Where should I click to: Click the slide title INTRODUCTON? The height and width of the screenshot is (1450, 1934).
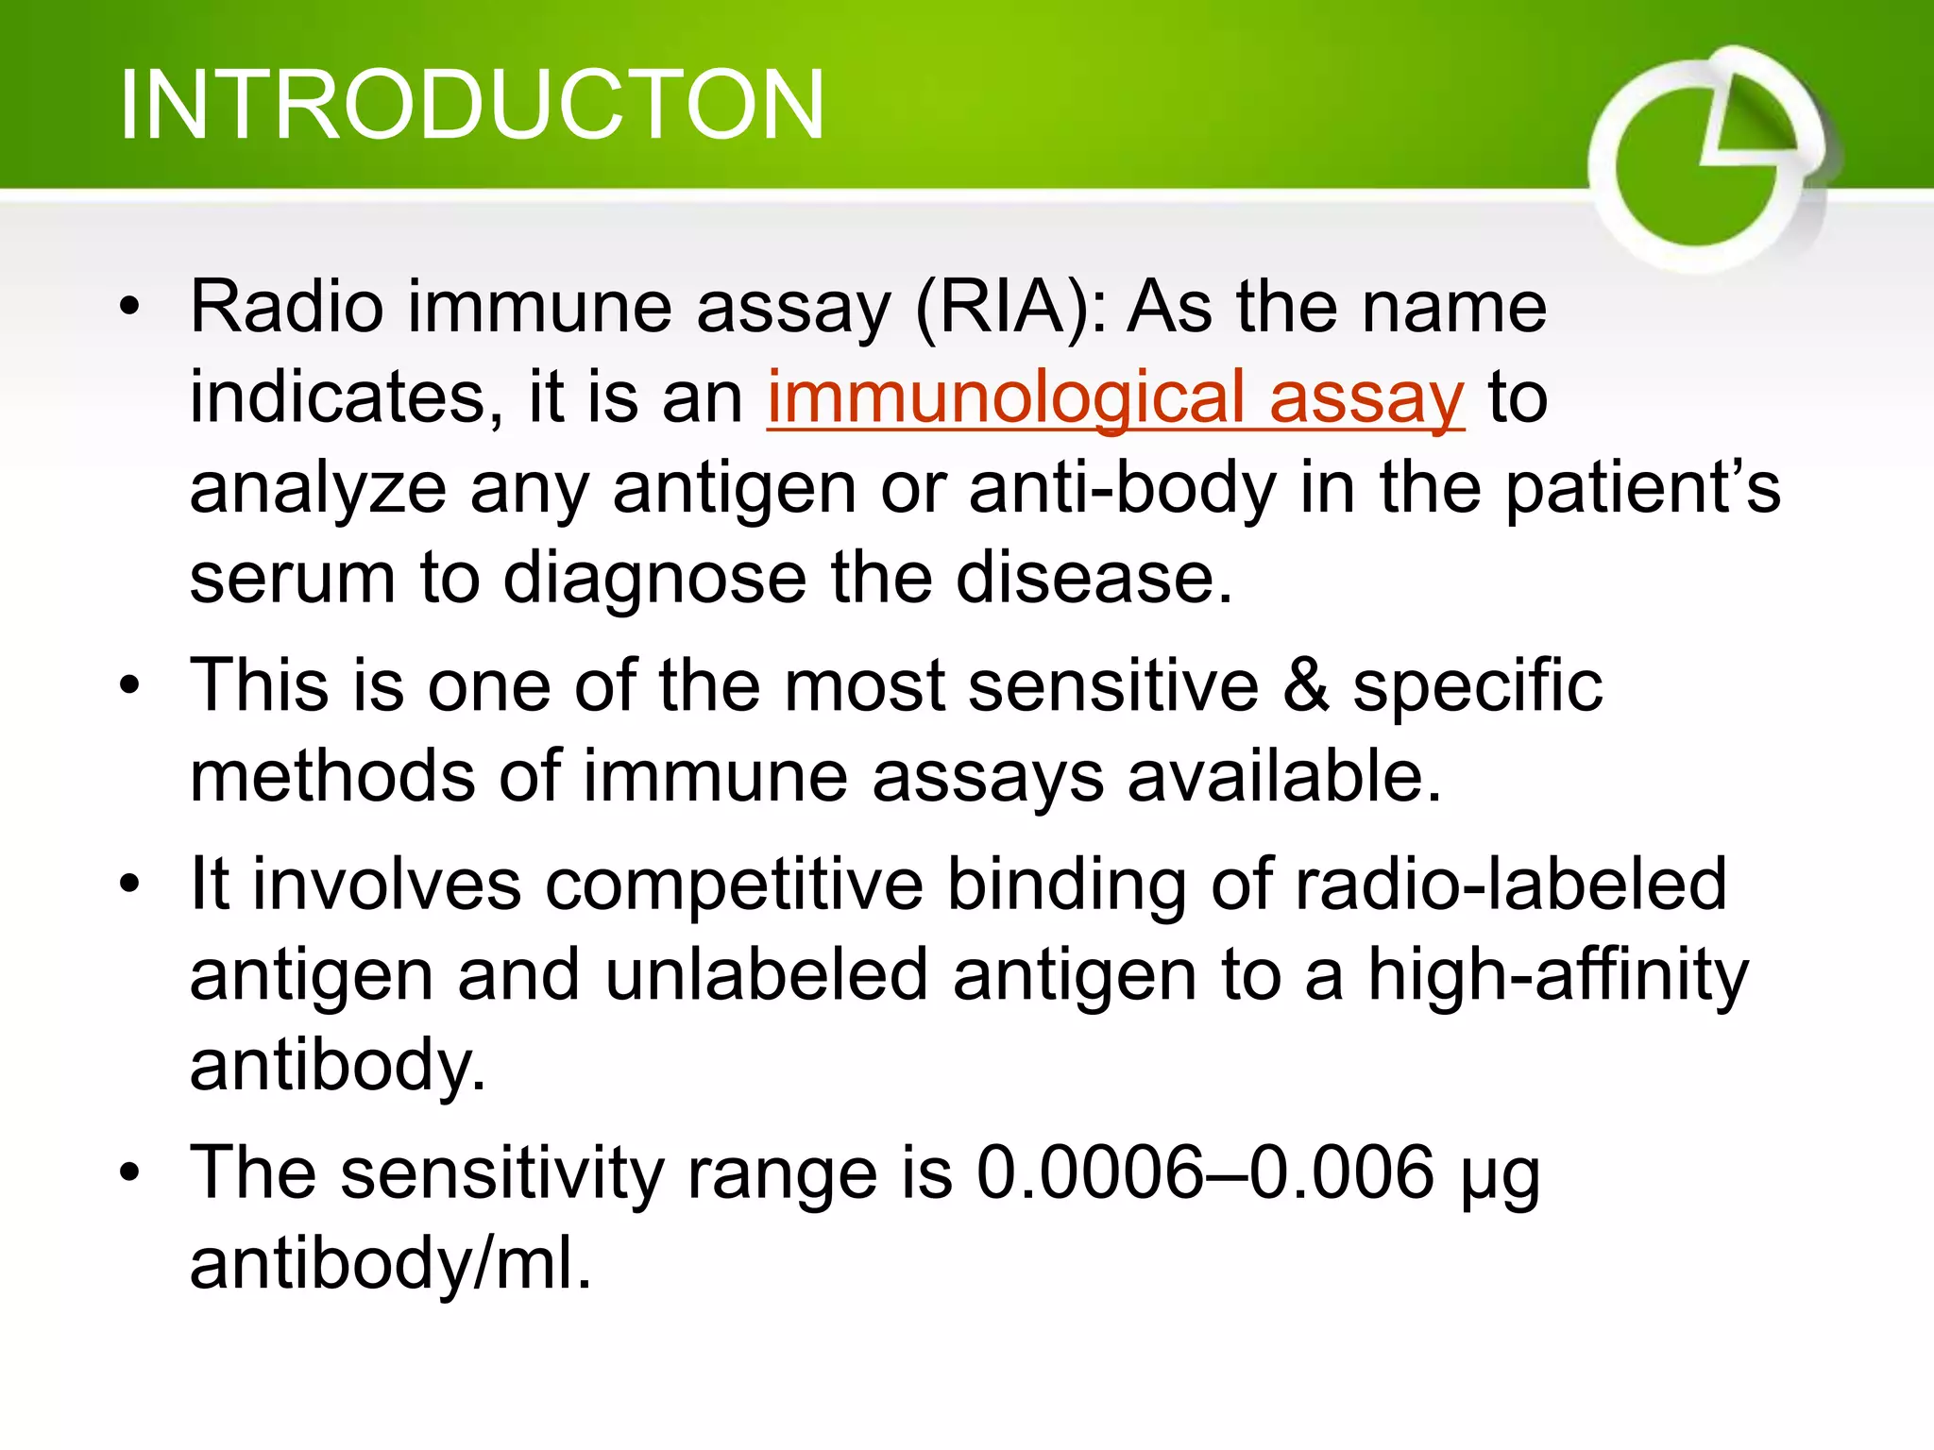tap(472, 106)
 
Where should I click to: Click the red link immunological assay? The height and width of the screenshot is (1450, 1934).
tap(1115, 397)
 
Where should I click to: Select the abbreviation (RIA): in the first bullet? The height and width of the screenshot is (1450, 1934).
tap(1010, 308)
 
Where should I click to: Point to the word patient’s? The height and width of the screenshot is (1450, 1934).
tap(1642, 488)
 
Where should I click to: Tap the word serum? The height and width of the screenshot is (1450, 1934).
tap(292, 579)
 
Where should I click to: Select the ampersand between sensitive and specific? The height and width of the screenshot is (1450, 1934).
tap(1306, 686)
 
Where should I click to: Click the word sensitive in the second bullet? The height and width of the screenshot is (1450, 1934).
tap(1113, 686)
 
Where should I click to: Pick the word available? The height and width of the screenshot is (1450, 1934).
tap(1284, 777)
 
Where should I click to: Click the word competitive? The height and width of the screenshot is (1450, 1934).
tap(734, 885)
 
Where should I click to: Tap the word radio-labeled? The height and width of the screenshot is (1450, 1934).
tap(1510, 885)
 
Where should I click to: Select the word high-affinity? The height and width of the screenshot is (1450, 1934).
tap(1557, 976)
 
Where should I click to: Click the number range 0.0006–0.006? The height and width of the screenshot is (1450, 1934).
tap(1205, 1173)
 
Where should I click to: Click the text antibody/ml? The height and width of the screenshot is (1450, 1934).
tap(390, 1264)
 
